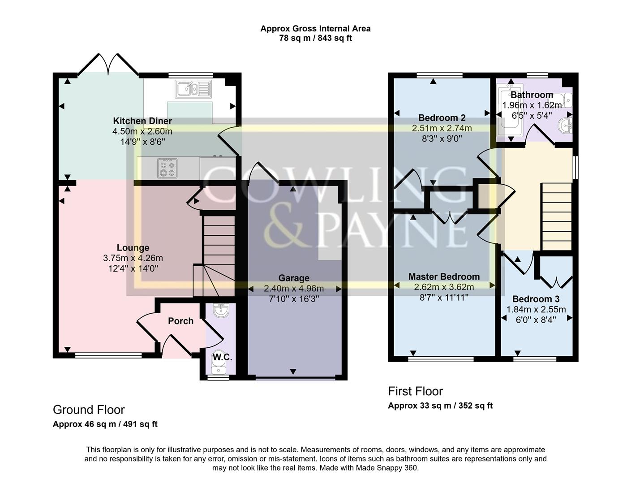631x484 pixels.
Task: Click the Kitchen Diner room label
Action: (x=142, y=121)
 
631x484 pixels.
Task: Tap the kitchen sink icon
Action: (x=193, y=89)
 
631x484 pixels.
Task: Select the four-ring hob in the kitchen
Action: (x=167, y=168)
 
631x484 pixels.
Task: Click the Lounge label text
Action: (x=133, y=248)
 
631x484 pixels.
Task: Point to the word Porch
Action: (x=180, y=321)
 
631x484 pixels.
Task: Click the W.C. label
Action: (x=222, y=357)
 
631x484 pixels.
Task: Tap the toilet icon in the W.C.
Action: (x=219, y=366)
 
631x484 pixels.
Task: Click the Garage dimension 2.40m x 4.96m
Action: (x=294, y=288)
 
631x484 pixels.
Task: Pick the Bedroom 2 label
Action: (x=442, y=118)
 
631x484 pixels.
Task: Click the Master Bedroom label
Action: (x=444, y=277)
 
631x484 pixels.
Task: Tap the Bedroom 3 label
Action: (x=536, y=299)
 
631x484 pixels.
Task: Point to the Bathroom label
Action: (x=532, y=95)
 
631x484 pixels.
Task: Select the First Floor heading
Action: (x=415, y=391)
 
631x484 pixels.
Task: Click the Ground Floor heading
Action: (x=89, y=410)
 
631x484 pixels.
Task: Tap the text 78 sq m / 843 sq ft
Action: (x=315, y=38)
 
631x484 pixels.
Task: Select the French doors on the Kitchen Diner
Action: (x=108, y=64)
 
